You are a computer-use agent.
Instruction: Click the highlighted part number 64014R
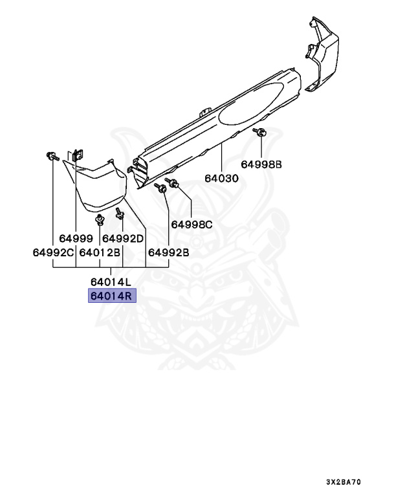click(111, 297)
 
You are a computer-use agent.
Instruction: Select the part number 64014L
click(111, 282)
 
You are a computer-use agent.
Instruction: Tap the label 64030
click(222, 178)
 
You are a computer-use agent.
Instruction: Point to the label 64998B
click(262, 164)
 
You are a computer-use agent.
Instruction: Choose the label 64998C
click(192, 225)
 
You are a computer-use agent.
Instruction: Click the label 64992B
click(168, 252)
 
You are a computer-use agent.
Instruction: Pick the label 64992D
click(123, 238)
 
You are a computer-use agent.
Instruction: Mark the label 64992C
click(54, 252)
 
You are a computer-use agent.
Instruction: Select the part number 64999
click(76, 238)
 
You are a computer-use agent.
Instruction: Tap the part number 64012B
click(100, 252)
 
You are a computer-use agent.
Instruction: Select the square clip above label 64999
click(77, 155)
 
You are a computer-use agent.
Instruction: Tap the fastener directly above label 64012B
click(100, 221)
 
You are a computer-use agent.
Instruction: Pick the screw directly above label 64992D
click(120, 212)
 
